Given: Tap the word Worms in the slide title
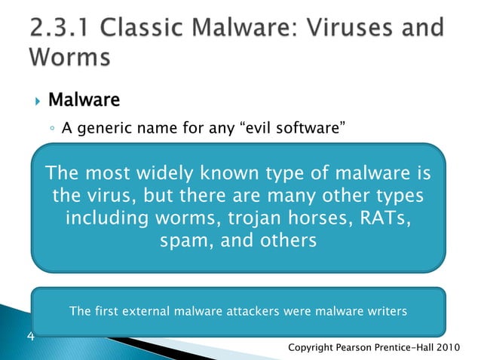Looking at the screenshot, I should pos(69,57).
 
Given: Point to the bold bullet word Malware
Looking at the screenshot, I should pos(84,99).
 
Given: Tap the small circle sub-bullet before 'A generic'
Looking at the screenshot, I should pos(51,130).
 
